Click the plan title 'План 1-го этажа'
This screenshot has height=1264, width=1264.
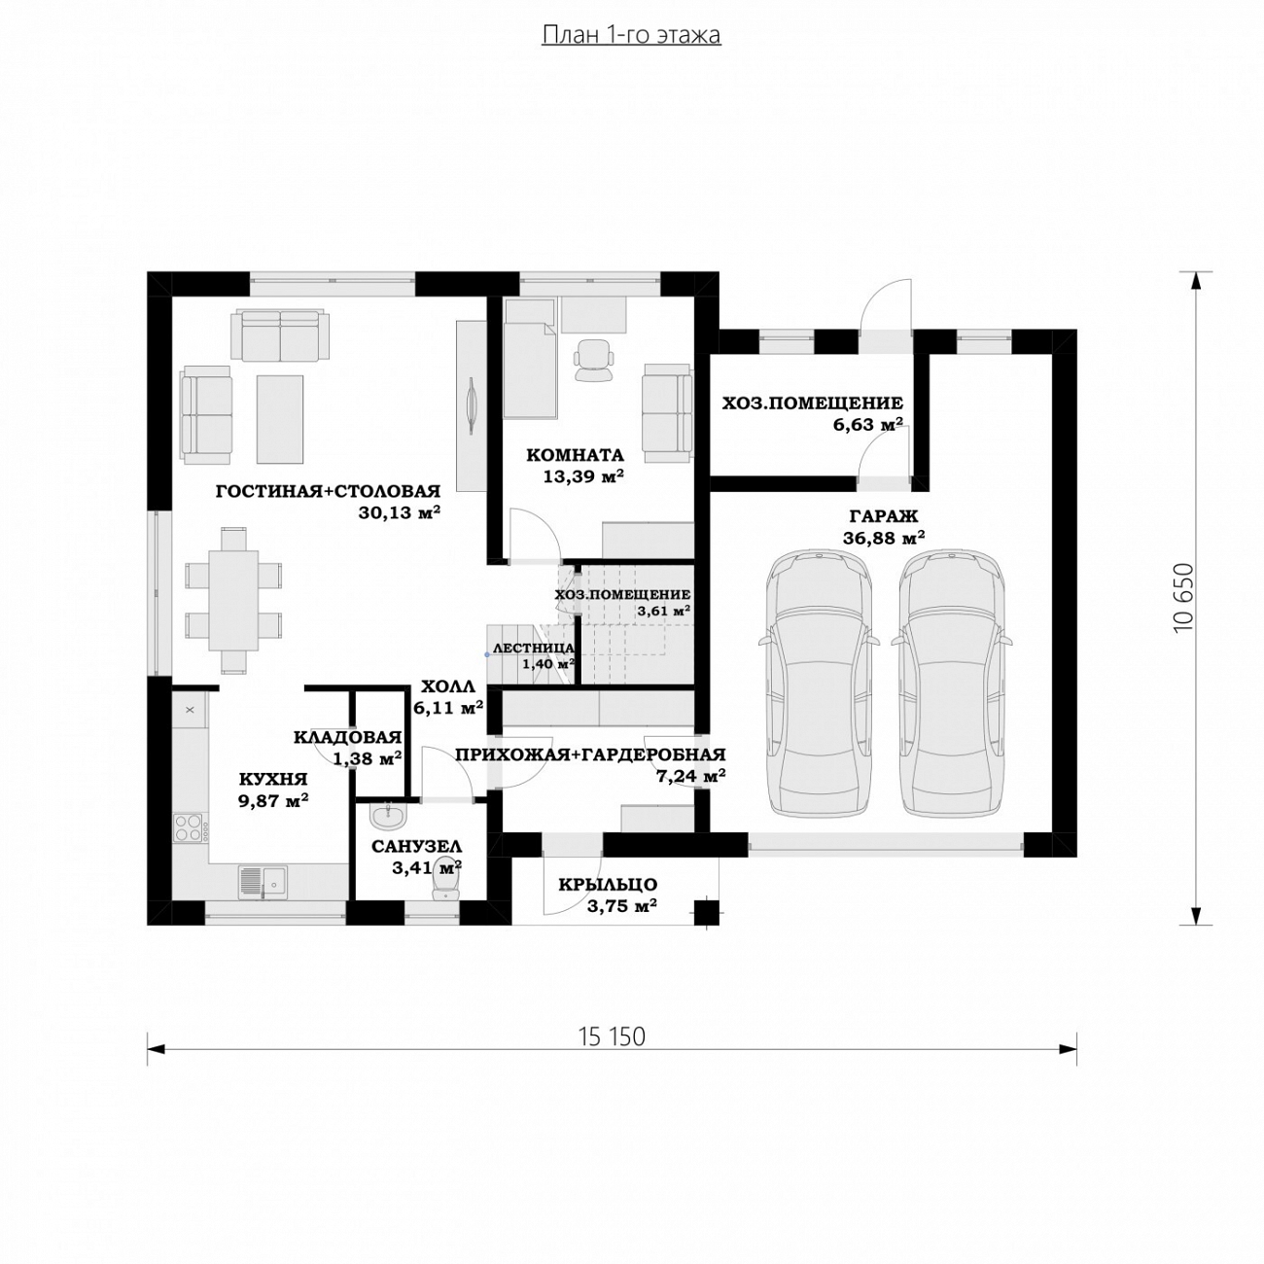click(x=631, y=35)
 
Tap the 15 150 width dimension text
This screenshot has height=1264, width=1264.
click(x=612, y=1036)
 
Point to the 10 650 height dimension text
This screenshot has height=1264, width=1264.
click(x=1182, y=597)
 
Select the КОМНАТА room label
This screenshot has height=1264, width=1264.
click(x=576, y=455)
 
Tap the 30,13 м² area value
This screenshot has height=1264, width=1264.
click(x=399, y=512)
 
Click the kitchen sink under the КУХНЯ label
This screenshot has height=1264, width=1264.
click(x=263, y=882)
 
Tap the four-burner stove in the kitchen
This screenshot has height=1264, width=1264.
click(x=190, y=827)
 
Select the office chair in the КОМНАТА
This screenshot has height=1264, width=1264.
click(x=594, y=360)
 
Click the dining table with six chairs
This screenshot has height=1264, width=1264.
click(x=233, y=600)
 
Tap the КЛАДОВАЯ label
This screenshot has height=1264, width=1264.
click(x=348, y=737)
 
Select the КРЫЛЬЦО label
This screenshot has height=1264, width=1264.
click(x=608, y=884)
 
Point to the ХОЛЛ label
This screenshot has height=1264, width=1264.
click(x=447, y=686)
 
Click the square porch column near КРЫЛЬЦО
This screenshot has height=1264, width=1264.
click(x=707, y=912)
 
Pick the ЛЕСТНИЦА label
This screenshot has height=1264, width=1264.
click(x=533, y=649)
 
